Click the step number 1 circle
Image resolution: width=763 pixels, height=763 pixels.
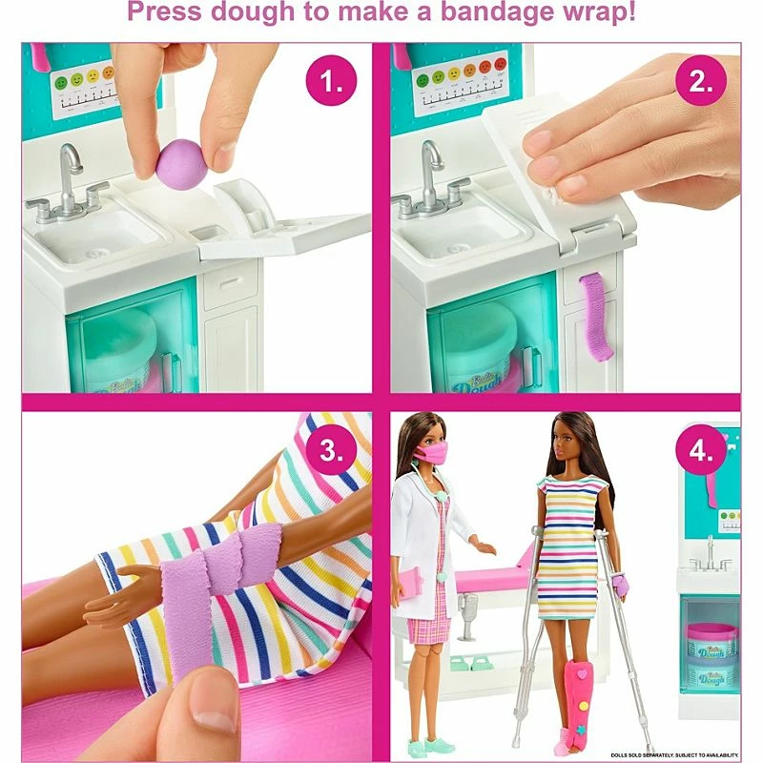click(x=331, y=82)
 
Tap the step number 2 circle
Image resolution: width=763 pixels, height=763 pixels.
click(x=700, y=82)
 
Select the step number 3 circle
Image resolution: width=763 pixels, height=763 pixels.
click(x=331, y=451)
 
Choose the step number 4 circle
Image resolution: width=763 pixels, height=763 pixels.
click(x=700, y=451)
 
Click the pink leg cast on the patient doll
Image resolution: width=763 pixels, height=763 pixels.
click(x=580, y=701)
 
